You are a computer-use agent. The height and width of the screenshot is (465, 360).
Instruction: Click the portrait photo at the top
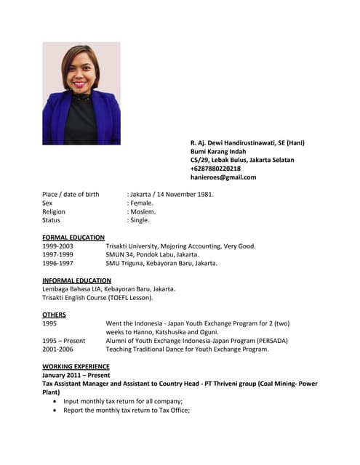pyautogui.click(x=81, y=93)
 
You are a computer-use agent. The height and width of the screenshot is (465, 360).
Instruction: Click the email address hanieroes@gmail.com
pyautogui.click(x=223, y=177)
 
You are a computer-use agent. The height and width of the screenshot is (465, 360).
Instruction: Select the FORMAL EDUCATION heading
pyautogui.click(x=73, y=238)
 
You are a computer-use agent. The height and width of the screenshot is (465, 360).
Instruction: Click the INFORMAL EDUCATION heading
pyautogui.click(x=76, y=280)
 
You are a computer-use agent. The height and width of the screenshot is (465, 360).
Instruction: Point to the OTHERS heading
pyautogui.click(x=54, y=315)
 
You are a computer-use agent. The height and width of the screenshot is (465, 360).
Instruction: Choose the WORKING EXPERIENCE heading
pyautogui.click(x=76, y=366)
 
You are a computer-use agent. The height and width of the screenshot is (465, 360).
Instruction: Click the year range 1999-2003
pyautogui.click(x=57, y=246)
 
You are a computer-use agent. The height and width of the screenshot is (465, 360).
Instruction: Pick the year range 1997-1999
pyautogui.click(x=57, y=255)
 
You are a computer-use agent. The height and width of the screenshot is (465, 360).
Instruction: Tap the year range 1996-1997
pyautogui.click(x=57, y=264)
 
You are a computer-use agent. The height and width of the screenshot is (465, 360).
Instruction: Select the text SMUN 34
pyautogui.click(x=120, y=255)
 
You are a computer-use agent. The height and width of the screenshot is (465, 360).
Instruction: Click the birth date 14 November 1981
pyautogui.click(x=185, y=195)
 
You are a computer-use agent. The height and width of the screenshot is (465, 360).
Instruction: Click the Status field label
pyautogui.click(x=51, y=220)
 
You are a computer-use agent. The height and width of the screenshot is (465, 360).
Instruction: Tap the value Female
pyautogui.click(x=141, y=203)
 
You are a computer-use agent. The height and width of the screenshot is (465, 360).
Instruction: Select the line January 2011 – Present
pyautogui.click(x=76, y=375)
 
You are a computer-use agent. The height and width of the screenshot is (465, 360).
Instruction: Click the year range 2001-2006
pyautogui.click(x=57, y=349)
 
